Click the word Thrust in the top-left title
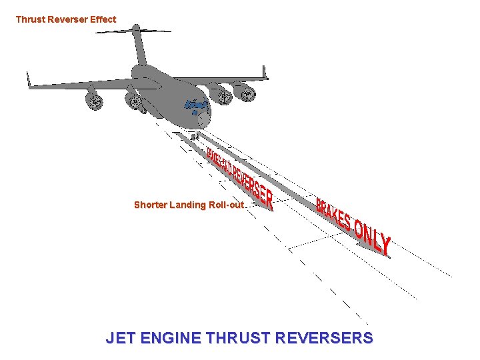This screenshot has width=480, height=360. click(x=30, y=19)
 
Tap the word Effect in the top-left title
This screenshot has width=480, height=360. click(x=103, y=19)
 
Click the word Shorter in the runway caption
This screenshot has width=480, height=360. click(x=151, y=205)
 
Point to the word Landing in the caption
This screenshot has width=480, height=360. click(x=189, y=205)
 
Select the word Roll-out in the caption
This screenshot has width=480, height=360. click(x=227, y=205)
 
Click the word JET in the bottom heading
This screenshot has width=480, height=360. click(x=120, y=338)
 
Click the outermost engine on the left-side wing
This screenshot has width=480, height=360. click(x=94, y=101)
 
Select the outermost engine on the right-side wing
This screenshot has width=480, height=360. click(x=247, y=94)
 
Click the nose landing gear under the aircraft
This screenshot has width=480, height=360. click(x=194, y=136)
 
